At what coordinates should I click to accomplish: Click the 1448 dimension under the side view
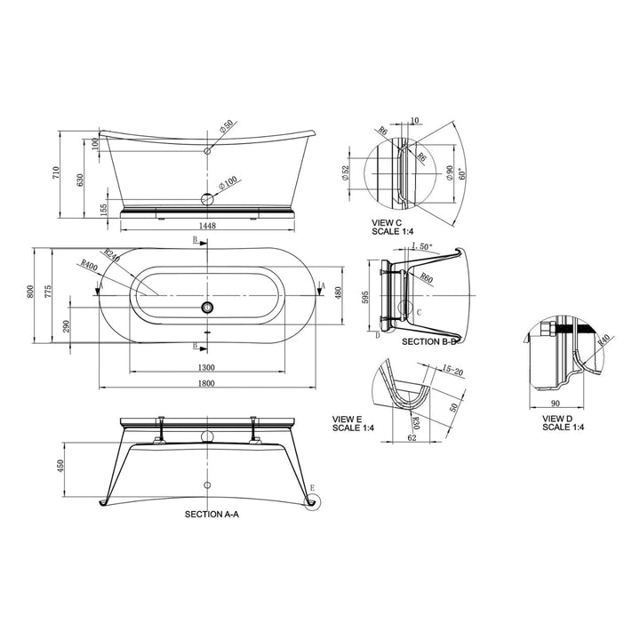pos(208,226)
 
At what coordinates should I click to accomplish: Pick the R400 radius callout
pos(89,265)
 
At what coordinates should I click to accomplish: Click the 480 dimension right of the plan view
pos(339,293)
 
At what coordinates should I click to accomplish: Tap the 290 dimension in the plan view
pos(66,326)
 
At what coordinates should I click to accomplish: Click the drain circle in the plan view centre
pos(207,307)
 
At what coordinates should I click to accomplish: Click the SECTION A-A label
pos(211,514)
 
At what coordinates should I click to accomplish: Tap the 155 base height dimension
pos(104,209)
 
